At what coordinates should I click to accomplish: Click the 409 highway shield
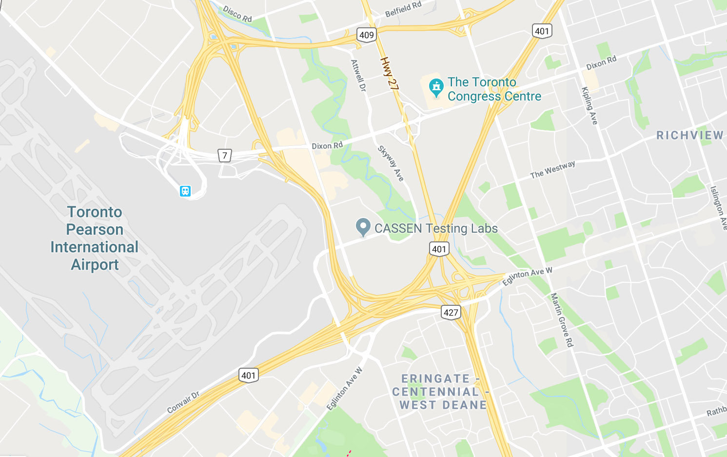366,35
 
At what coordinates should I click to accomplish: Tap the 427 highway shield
451,313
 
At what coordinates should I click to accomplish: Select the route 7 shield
224,156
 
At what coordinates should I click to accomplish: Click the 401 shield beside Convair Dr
248,376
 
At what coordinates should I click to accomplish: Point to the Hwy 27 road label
390,74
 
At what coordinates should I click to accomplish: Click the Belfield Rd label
403,9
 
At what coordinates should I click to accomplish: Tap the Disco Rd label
237,14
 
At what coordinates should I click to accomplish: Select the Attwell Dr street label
358,76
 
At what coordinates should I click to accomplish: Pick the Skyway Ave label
391,164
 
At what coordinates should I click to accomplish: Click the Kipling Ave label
589,105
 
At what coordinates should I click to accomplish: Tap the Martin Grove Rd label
562,320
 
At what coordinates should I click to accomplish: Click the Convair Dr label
183,402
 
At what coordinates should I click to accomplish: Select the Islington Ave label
718,207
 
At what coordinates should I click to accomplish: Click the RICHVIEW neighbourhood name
689,136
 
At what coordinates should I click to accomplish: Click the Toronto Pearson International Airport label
95,238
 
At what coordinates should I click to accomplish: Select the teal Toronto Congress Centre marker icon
435,87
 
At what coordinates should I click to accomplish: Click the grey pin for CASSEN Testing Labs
363,227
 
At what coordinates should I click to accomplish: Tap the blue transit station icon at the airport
185,191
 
